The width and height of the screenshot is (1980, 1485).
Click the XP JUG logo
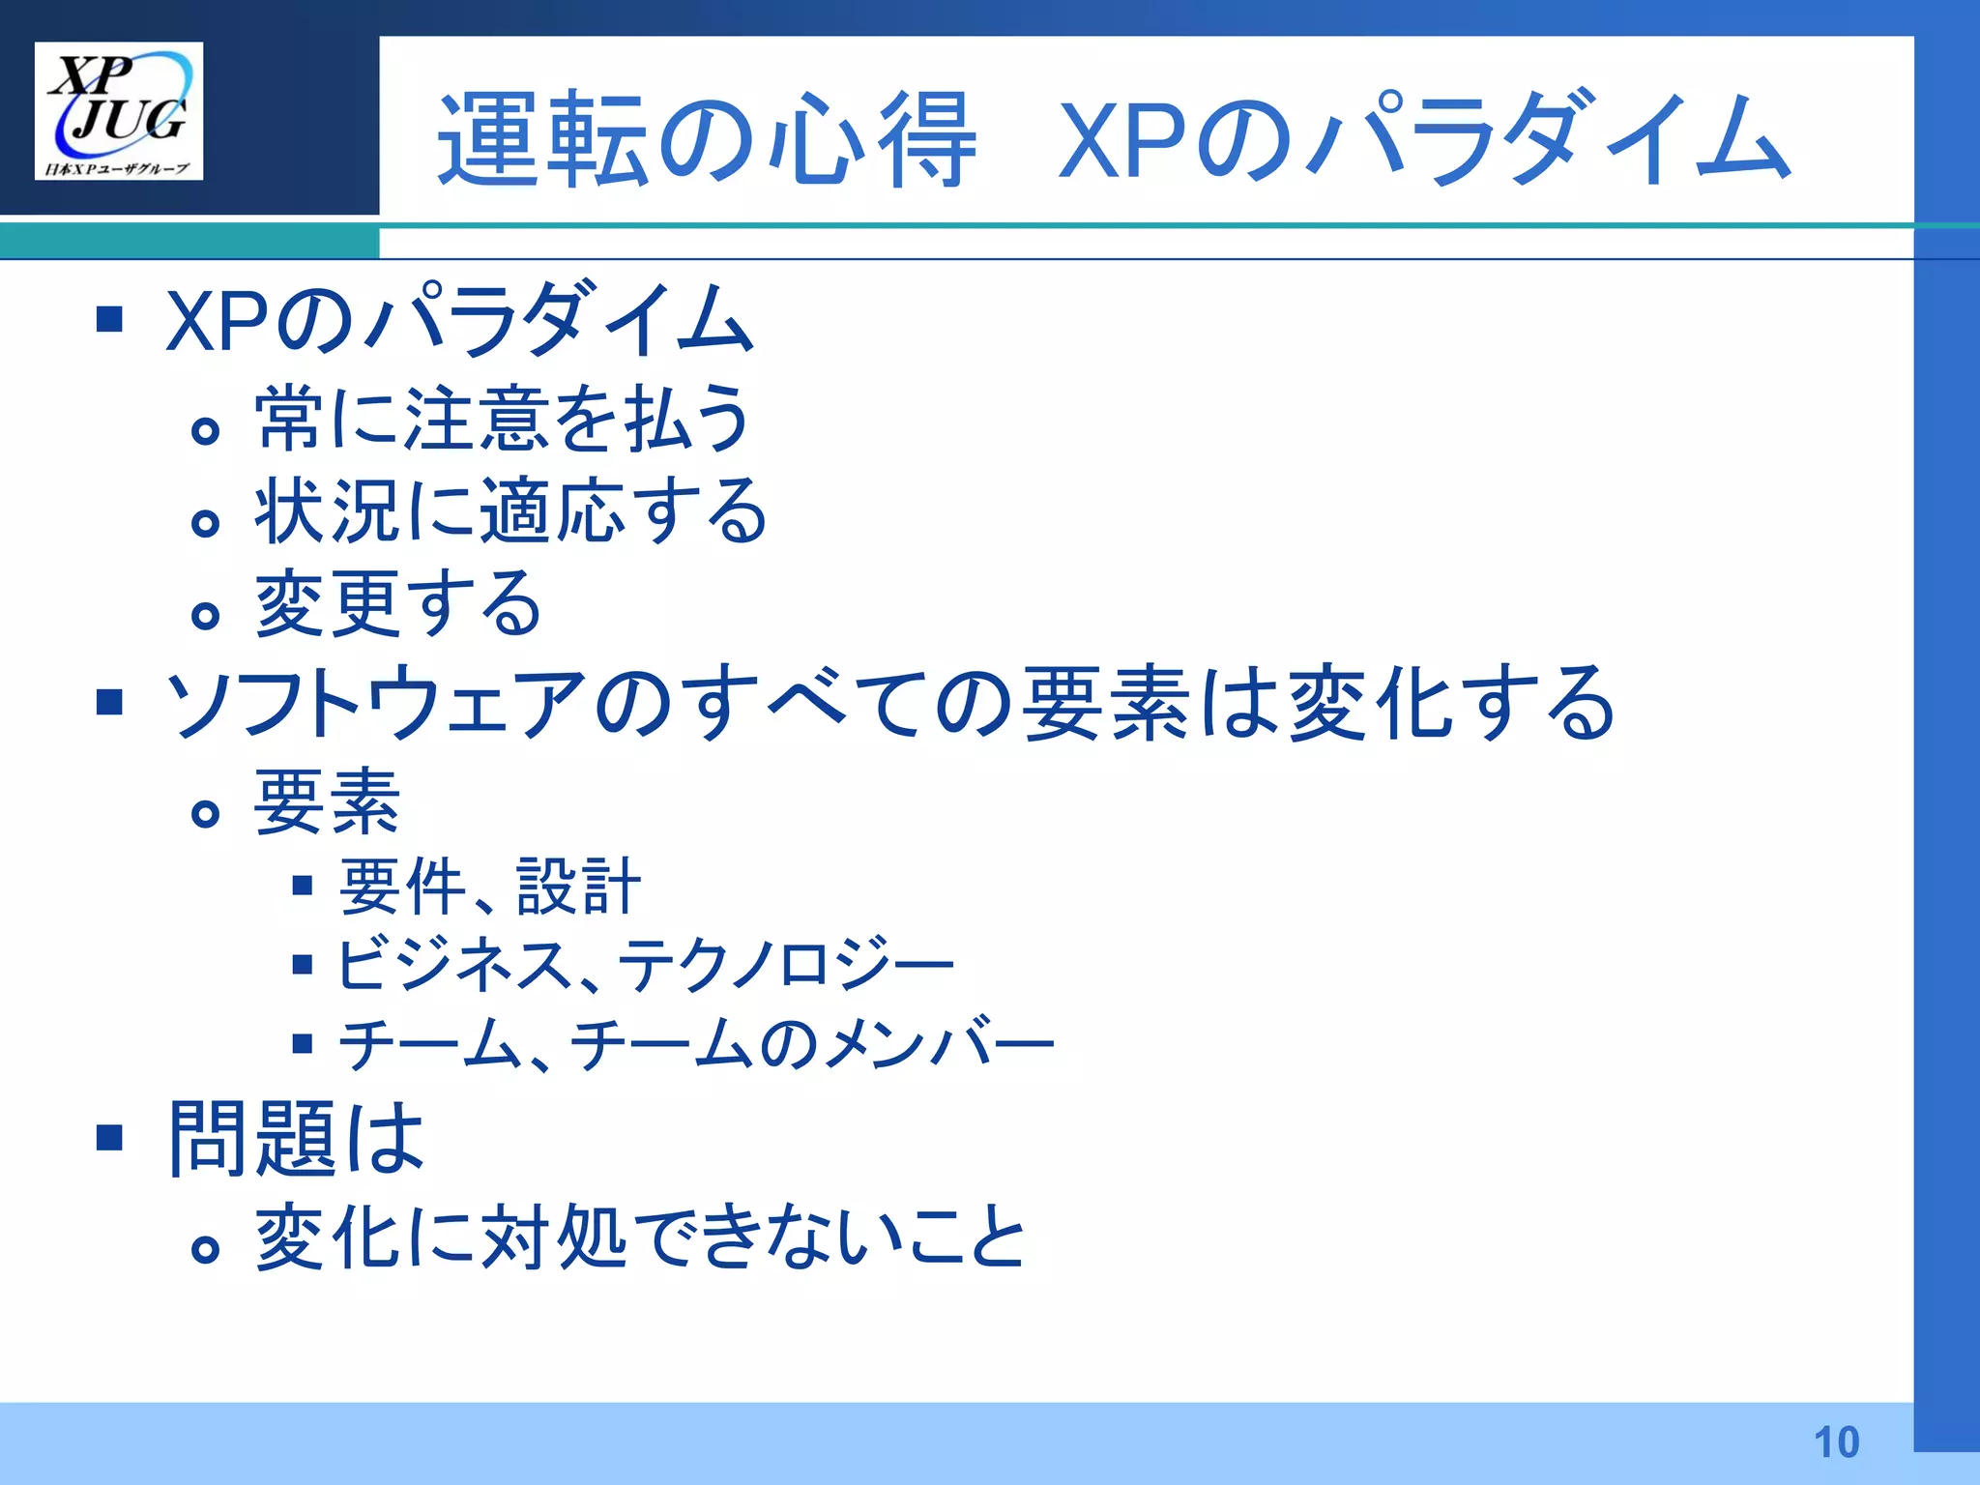point(118,111)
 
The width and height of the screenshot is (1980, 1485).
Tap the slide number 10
point(1836,1441)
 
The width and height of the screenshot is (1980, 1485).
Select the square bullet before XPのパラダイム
point(109,318)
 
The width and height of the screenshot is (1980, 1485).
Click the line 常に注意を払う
point(502,419)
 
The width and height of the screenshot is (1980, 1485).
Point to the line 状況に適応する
point(510,510)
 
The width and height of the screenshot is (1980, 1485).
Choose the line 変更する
point(397,603)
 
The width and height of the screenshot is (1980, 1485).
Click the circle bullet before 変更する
point(205,615)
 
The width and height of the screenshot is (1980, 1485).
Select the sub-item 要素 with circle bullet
point(327,801)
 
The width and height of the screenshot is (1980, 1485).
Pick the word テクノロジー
point(785,964)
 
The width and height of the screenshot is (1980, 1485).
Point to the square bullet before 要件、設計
point(303,885)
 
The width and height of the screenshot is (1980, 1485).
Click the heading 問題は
point(296,1138)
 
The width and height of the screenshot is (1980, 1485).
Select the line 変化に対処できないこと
point(639,1237)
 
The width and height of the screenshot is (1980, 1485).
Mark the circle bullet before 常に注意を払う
point(205,430)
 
